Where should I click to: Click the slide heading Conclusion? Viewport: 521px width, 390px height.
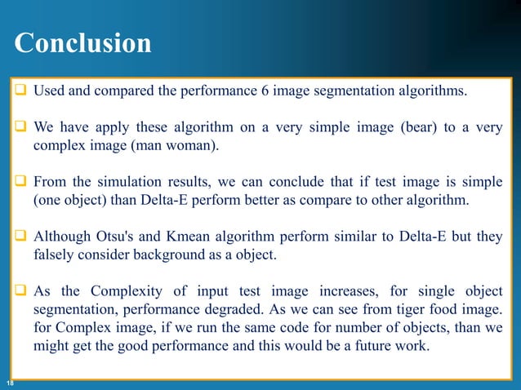tap(82, 43)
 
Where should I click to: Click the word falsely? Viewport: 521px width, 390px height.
tap(56, 256)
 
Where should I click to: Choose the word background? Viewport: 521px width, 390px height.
tap(171, 256)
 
